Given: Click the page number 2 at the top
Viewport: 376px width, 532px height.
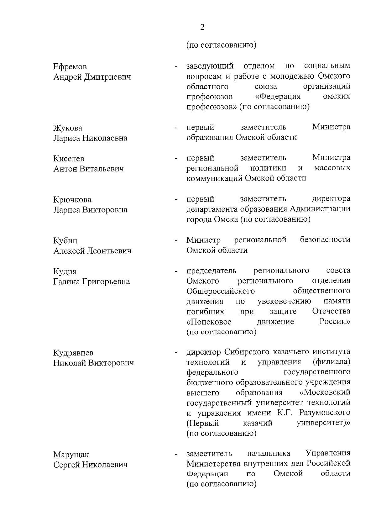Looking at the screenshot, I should coord(202,27).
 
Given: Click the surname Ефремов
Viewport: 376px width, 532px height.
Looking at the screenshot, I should coord(70,67).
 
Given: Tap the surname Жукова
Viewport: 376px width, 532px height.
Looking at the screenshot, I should coord(68,128).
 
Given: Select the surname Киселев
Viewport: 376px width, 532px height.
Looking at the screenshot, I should coord(69,159).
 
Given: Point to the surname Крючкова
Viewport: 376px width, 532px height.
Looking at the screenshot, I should coord(72,200).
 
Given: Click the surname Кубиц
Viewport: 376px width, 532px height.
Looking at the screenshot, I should coord(65,241).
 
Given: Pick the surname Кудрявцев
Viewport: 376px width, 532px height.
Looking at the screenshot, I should coord(73,353).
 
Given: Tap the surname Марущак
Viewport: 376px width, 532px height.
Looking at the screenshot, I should coord(71,455).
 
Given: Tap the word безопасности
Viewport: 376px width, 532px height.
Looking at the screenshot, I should coord(325,240).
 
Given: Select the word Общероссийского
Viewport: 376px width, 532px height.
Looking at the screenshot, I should coord(220,291).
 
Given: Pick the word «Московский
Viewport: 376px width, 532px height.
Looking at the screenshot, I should coord(325,392).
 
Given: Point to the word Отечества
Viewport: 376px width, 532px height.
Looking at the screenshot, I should coord(331,311).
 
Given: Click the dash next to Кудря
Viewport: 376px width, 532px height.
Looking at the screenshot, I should coord(176,271).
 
